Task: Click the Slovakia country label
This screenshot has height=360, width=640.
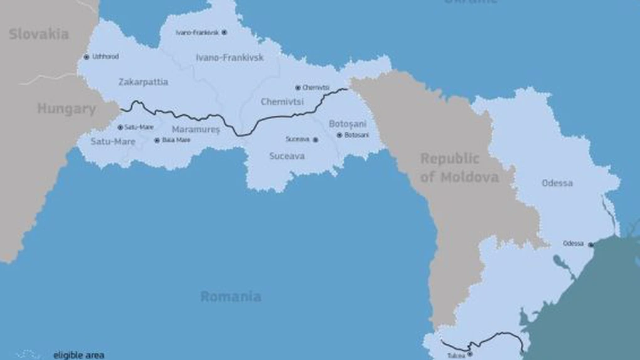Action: [x=39, y=34]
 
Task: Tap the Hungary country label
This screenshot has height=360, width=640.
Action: [x=67, y=109]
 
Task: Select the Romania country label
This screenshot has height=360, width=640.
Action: [x=231, y=297]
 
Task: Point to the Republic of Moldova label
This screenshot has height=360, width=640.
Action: [x=459, y=168]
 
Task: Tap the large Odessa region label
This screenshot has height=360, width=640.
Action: [x=557, y=183]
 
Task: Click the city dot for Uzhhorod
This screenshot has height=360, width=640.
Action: [x=87, y=57]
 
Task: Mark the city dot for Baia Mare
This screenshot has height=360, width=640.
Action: [x=157, y=140]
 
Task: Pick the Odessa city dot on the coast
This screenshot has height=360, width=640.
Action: [x=590, y=244]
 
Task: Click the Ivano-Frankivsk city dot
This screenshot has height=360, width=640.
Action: [x=224, y=32]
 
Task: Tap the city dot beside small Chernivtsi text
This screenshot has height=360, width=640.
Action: [x=297, y=88]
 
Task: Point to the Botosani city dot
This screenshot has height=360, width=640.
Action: [x=339, y=135]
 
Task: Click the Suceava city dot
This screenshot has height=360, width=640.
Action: [x=316, y=139]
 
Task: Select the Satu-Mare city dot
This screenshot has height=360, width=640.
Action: [x=120, y=127]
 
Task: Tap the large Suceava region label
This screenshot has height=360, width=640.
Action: [x=287, y=156]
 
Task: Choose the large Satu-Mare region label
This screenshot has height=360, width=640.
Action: [x=109, y=142]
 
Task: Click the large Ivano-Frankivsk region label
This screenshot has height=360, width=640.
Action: [x=230, y=58]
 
